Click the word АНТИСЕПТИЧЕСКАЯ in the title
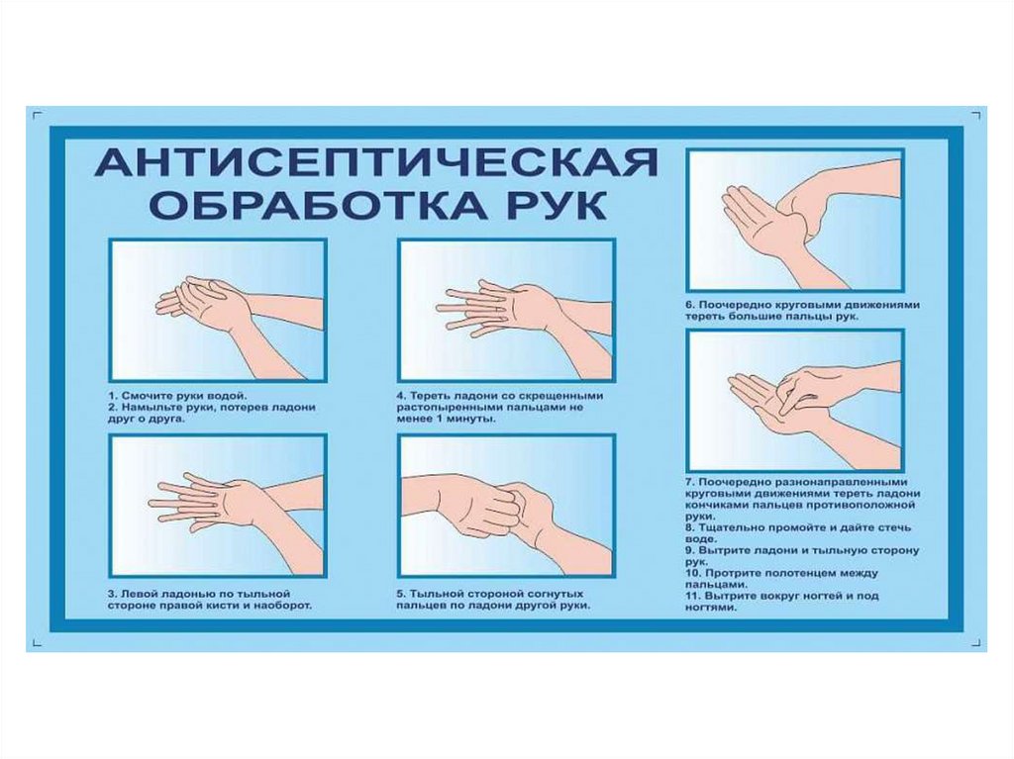376,162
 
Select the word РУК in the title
556,205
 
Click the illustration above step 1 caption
218,311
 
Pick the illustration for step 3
218,507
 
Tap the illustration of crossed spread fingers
507,311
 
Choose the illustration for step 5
507,507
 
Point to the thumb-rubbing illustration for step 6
795,220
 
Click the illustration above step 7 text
795,401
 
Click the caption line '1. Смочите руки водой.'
178,396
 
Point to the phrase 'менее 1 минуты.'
447,419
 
